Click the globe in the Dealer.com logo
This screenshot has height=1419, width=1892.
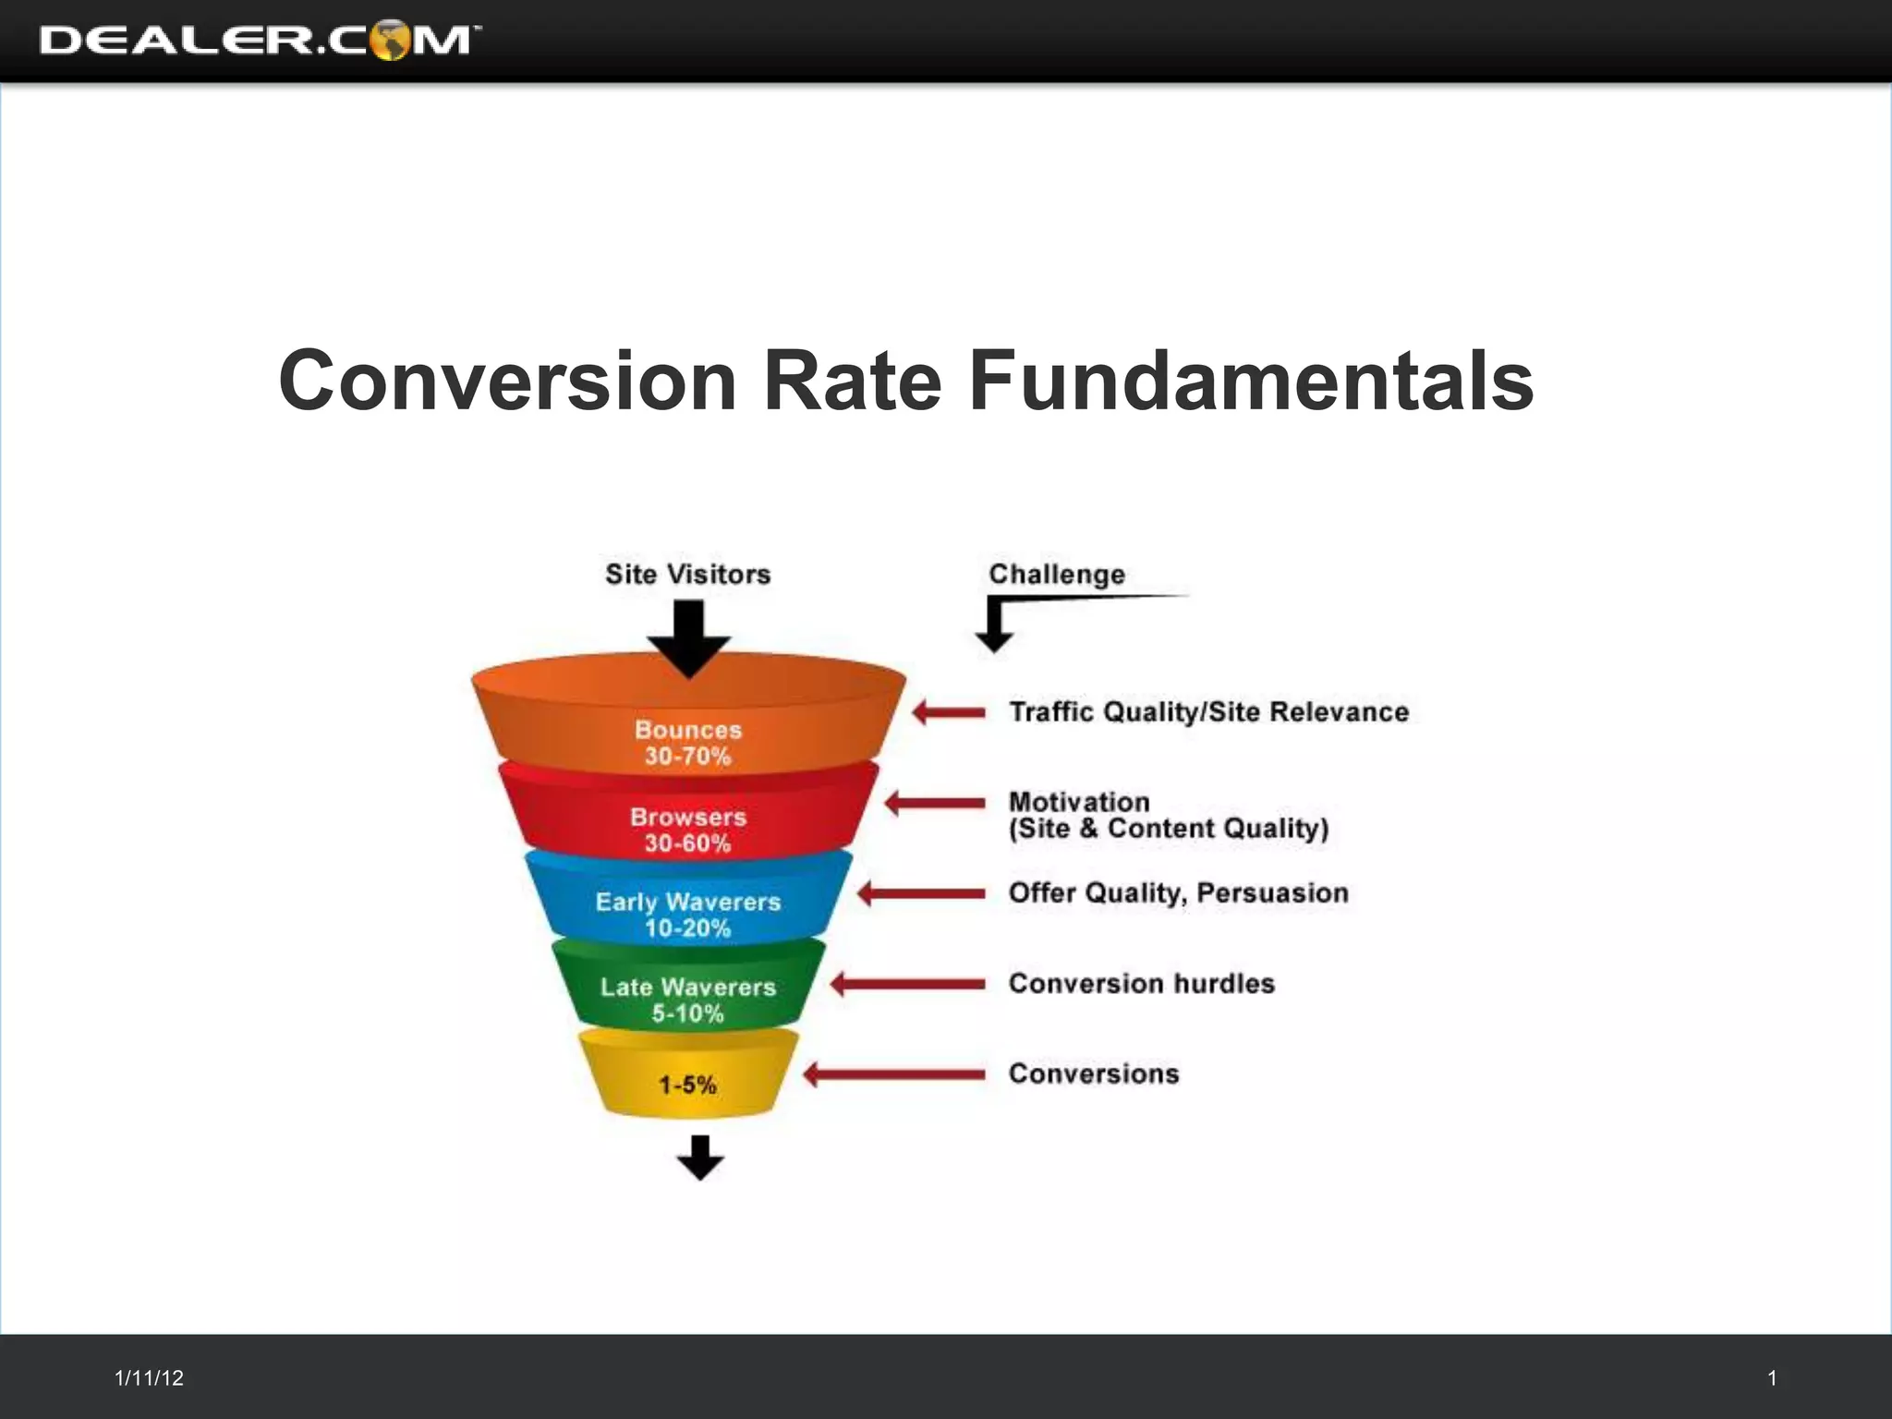[x=391, y=40]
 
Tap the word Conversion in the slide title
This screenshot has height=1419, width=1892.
[x=507, y=381]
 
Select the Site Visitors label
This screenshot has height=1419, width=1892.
[x=687, y=575]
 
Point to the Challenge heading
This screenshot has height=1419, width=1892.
[x=1057, y=575]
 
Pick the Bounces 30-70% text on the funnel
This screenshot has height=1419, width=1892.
[x=688, y=743]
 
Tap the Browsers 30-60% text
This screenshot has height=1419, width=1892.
[x=688, y=830]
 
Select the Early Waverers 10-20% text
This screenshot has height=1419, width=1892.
[x=688, y=915]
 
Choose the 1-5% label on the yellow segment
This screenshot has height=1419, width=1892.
[x=687, y=1085]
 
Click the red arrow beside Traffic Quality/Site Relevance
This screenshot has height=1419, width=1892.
[x=949, y=712]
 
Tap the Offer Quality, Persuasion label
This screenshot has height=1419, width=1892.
[x=1178, y=893]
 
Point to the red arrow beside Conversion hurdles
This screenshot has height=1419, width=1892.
[x=908, y=984]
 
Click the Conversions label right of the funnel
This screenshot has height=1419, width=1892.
[x=1094, y=1073]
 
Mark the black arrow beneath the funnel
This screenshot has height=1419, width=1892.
[x=700, y=1158]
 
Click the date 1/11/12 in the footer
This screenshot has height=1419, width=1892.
[x=149, y=1378]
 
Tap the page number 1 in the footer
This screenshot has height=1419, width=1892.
[x=1772, y=1378]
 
